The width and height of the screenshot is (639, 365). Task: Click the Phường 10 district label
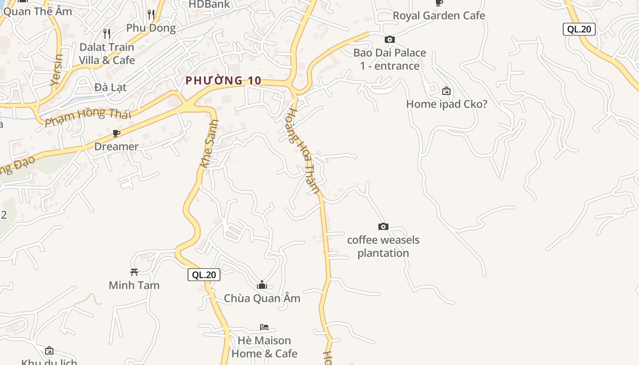[x=223, y=81]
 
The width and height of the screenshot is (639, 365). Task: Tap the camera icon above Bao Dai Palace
[x=389, y=40]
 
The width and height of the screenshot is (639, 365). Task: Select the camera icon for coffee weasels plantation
[x=383, y=226]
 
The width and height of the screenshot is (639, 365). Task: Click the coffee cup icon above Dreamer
[x=116, y=133]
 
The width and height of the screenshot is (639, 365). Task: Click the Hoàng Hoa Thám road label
[x=303, y=151]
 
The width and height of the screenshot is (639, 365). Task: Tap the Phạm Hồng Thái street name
[x=88, y=116]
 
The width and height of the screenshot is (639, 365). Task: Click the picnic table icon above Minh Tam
[x=134, y=272]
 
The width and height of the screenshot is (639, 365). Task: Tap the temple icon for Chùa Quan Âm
[x=262, y=285]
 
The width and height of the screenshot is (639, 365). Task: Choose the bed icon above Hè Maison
[x=264, y=327]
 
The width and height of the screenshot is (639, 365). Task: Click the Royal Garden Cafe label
[x=439, y=16]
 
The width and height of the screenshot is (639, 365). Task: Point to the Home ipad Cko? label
[x=446, y=104]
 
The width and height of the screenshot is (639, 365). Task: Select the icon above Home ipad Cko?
[x=446, y=91]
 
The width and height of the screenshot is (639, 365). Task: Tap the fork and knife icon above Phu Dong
[x=151, y=15]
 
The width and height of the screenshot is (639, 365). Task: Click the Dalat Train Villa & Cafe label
[x=107, y=53]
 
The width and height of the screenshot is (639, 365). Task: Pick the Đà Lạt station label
[x=110, y=87]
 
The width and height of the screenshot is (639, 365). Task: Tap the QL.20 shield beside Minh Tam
[x=204, y=275]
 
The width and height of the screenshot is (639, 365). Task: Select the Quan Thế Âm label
[x=38, y=11]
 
